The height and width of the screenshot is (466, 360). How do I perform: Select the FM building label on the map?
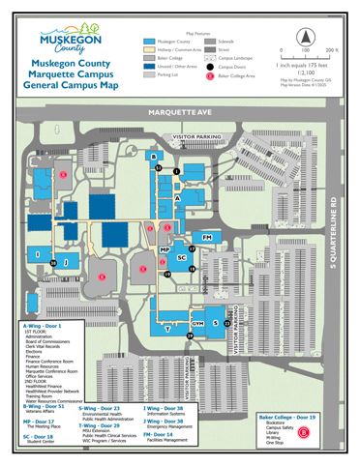click(x=206, y=236)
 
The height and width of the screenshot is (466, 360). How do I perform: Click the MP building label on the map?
click(x=165, y=250)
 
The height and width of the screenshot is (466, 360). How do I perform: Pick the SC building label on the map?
click(x=181, y=257)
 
